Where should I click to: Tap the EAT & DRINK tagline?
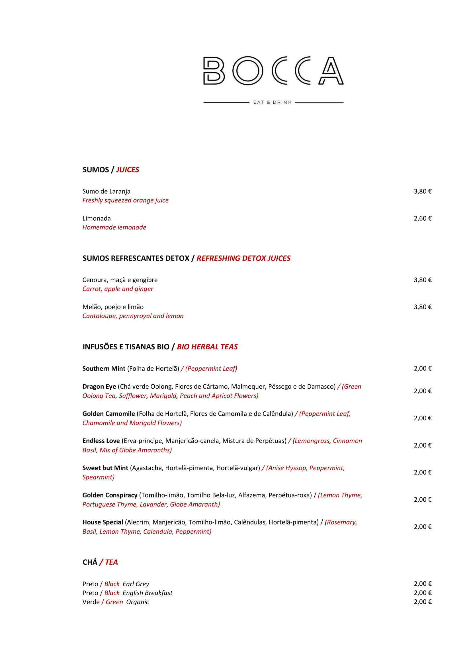(272, 103)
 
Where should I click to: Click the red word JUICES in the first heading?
(128, 170)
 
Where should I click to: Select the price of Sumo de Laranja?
(423, 191)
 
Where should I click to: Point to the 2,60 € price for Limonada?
(423, 218)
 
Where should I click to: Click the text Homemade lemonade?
(114, 228)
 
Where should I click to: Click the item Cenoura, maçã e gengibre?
(120, 280)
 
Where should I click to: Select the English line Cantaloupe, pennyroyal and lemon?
(133, 316)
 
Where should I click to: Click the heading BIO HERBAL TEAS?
(207, 347)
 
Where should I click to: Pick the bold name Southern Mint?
(104, 369)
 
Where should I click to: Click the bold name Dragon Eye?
(99, 387)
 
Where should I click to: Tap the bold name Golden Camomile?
(108, 414)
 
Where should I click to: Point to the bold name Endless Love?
(101, 441)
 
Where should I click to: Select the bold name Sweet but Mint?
(105, 468)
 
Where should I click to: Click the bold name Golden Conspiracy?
(110, 495)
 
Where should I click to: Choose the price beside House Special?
(423, 527)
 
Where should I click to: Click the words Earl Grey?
(136, 584)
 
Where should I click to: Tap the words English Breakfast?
(147, 593)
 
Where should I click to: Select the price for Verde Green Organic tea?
(423, 602)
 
